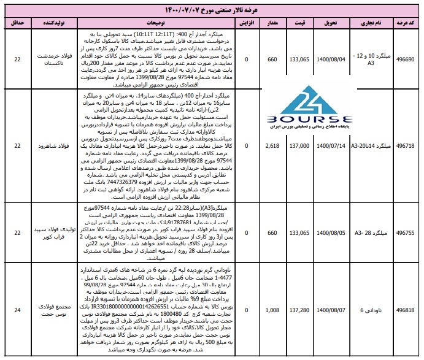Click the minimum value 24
pos(18,310)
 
